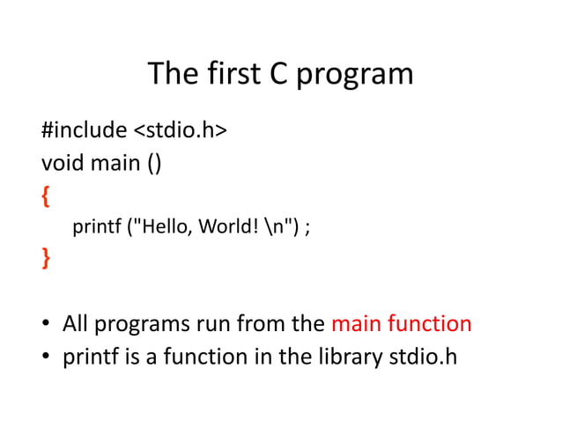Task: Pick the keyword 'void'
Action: point(61,164)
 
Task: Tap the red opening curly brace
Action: point(46,196)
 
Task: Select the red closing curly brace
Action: point(46,259)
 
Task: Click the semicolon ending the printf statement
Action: point(307,229)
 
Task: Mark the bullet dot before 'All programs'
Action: point(45,325)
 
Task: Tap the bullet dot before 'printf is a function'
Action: point(45,358)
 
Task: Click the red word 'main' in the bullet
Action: point(356,324)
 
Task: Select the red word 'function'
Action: point(430,324)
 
